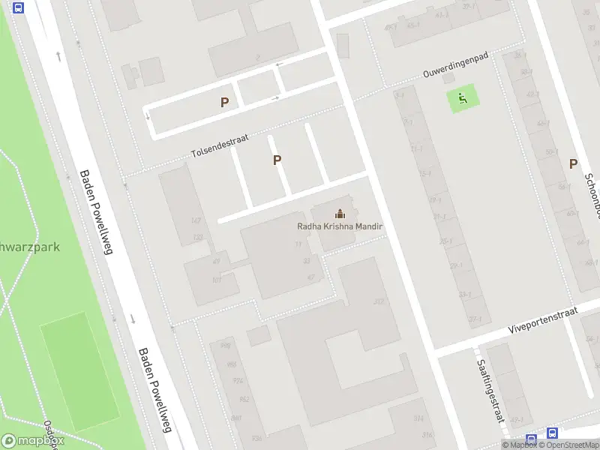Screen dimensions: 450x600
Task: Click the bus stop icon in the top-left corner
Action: coord(19,8)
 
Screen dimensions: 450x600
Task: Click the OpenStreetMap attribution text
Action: coord(568,445)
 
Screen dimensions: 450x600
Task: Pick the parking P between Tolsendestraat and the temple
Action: coord(277,160)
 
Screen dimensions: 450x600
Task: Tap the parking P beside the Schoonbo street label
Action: coord(574,163)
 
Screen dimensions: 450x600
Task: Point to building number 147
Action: coord(196,220)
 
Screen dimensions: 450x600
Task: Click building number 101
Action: coord(217,280)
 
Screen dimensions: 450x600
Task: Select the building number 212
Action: coord(379,301)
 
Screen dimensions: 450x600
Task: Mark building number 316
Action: coord(427,435)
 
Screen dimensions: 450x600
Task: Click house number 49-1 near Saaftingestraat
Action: coord(516,420)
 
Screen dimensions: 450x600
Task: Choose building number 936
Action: coord(257,438)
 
